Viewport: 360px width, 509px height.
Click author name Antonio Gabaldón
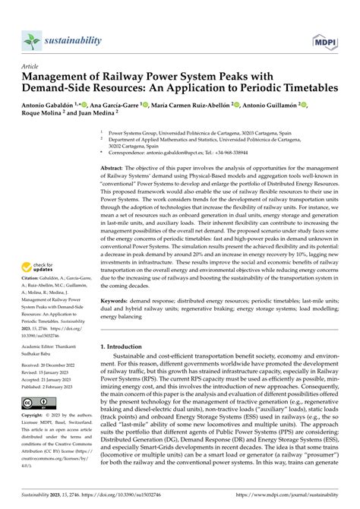pos(55,105)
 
